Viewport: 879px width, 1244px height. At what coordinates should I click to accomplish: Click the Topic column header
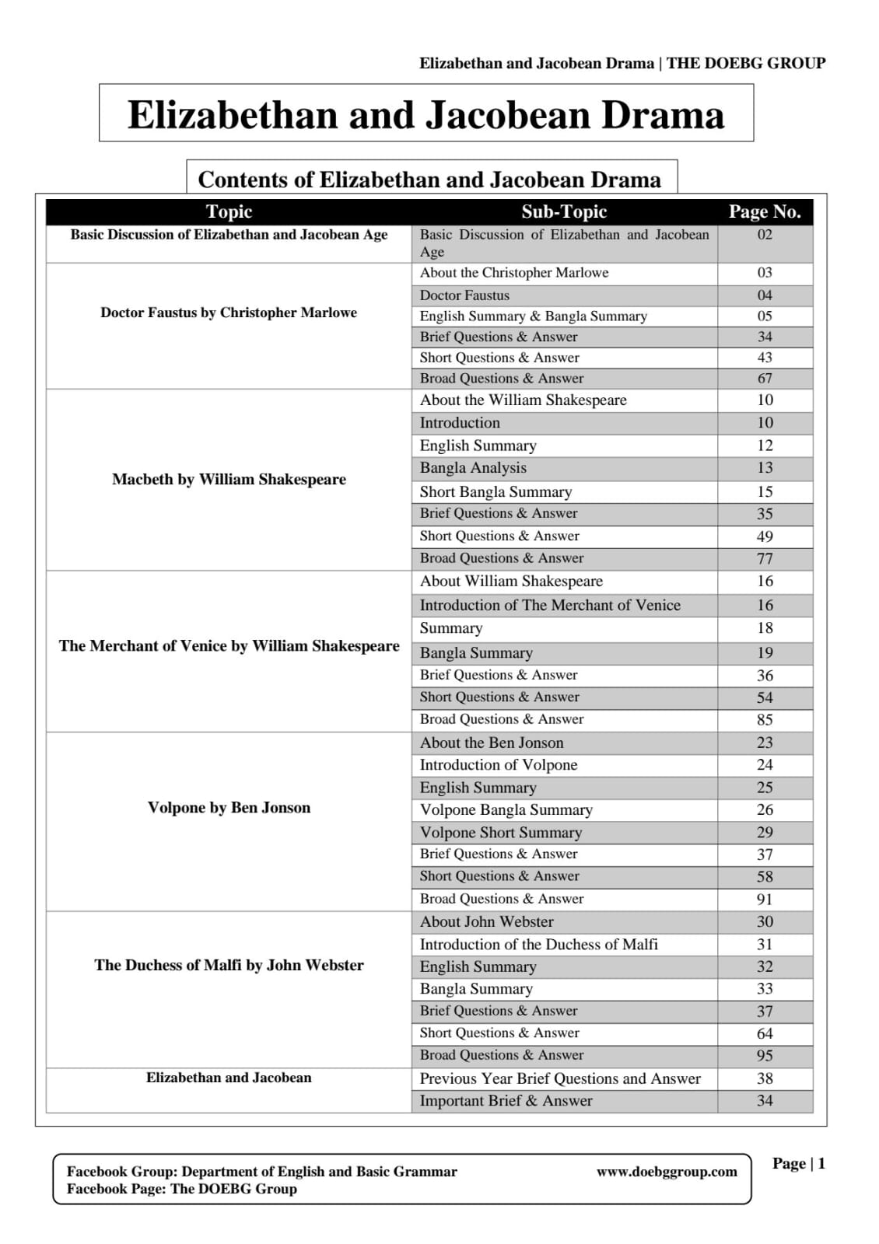click(229, 211)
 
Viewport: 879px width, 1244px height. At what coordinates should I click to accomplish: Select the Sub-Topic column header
click(564, 211)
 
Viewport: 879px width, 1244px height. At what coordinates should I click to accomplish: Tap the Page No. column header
click(765, 211)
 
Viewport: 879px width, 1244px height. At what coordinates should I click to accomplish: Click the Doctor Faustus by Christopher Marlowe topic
click(229, 313)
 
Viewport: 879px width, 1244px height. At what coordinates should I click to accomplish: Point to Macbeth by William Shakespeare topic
click(229, 479)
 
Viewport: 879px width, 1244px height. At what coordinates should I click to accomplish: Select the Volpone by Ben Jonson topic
click(229, 808)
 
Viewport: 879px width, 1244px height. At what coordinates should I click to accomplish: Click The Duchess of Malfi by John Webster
click(229, 965)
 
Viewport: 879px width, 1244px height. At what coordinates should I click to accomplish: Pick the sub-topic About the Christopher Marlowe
click(514, 273)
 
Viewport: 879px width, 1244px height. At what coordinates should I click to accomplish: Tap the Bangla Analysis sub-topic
click(473, 468)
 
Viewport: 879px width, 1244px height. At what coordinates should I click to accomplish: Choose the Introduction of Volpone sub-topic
click(499, 765)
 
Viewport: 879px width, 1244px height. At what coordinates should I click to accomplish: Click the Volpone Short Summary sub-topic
click(501, 833)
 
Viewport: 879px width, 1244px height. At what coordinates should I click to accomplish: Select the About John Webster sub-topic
click(487, 922)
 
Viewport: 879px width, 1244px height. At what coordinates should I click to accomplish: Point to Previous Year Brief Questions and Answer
click(560, 1078)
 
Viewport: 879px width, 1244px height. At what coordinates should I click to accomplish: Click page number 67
click(765, 379)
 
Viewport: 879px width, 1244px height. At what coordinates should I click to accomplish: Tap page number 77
click(765, 558)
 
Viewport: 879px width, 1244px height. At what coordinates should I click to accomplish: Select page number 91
click(765, 900)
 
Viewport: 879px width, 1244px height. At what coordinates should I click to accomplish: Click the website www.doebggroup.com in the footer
click(667, 1172)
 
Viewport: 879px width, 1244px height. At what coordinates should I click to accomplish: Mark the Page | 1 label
click(798, 1163)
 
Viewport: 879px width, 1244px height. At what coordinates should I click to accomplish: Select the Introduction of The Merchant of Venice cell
click(550, 606)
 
